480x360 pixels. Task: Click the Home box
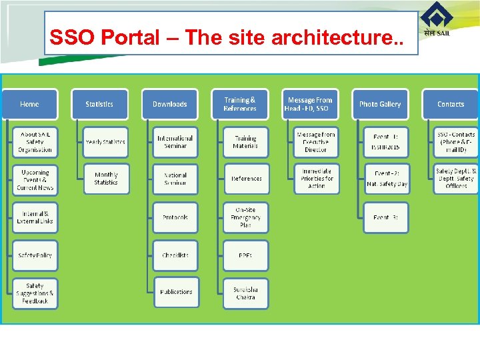click(29, 104)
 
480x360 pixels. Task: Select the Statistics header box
click(99, 104)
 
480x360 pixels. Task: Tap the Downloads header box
click(170, 104)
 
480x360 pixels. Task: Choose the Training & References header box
click(240, 104)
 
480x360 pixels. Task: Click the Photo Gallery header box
click(380, 104)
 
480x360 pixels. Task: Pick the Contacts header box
click(451, 104)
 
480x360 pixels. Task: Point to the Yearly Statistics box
click(105, 142)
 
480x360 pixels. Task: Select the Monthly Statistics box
click(106, 179)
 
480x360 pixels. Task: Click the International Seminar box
click(175, 142)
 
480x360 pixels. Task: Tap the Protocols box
click(175, 218)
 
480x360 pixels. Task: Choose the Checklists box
click(175, 255)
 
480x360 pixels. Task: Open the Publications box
click(176, 292)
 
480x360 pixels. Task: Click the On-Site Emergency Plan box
click(246, 218)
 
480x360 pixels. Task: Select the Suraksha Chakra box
click(246, 293)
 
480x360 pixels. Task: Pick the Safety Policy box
click(35, 255)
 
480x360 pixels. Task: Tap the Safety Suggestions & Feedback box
click(35, 293)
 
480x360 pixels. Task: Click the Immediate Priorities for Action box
click(317, 179)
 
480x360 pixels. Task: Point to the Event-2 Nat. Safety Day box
click(387, 179)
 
